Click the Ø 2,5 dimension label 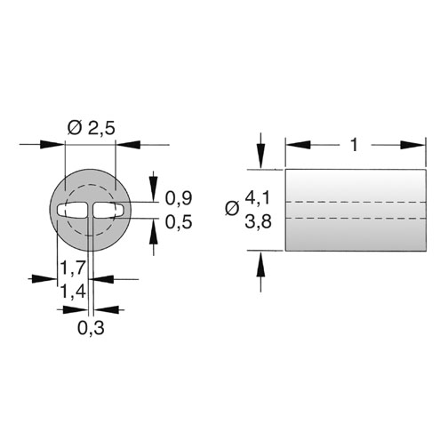point(91,128)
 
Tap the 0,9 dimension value point(179,198)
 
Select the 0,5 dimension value point(179,222)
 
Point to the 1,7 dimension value point(73,268)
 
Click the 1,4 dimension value point(73,291)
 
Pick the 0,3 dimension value point(91,328)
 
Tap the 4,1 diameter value point(258,197)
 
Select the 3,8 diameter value point(258,221)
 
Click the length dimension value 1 point(355,145)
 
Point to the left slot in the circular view point(72,210)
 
